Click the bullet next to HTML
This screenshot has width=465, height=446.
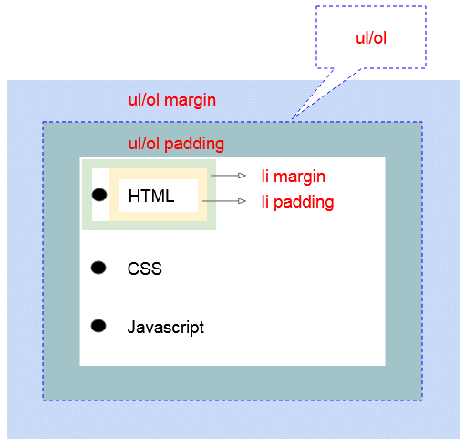pyautogui.click(x=99, y=195)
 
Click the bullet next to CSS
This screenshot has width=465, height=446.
pyautogui.click(x=98, y=268)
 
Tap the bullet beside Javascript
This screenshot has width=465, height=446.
pyautogui.click(x=98, y=326)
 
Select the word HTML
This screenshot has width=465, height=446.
pyautogui.click(x=151, y=196)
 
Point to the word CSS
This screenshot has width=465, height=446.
pyautogui.click(x=145, y=269)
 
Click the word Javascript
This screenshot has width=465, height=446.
pyautogui.click(x=166, y=328)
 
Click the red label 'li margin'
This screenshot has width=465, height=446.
pyautogui.click(x=294, y=177)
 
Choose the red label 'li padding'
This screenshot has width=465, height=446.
pyautogui.click(x=298, y=202)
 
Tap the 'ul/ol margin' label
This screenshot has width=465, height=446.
pyautogui.click(x=172, y=100)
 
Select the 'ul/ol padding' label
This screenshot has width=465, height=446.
pyautogui.click(x=176, y=144)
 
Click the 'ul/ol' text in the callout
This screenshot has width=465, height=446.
pyautogui.click(x=371, y=38)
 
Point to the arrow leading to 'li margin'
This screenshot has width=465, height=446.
pyautogui.click(x=228, y=176)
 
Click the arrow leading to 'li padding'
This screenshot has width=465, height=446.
pyautogui.click(x=224, y=201)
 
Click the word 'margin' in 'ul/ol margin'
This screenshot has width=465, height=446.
pyautogui.click(x=190, y=100)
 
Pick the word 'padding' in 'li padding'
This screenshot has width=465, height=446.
pyautogui.click(x=304, y=203)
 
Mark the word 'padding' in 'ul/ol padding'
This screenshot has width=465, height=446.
pyautogui.click(x=194, y=144)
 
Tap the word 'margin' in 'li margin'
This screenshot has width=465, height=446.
pyautogui.click(x=299, y=177)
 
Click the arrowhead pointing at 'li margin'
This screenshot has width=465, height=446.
pyautogui.click(x=242, y=176)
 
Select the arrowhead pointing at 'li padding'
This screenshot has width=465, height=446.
pyautogui.click(x=242, y=201)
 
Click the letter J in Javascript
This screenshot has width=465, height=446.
pyautogui.click(x=131, y=327)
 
